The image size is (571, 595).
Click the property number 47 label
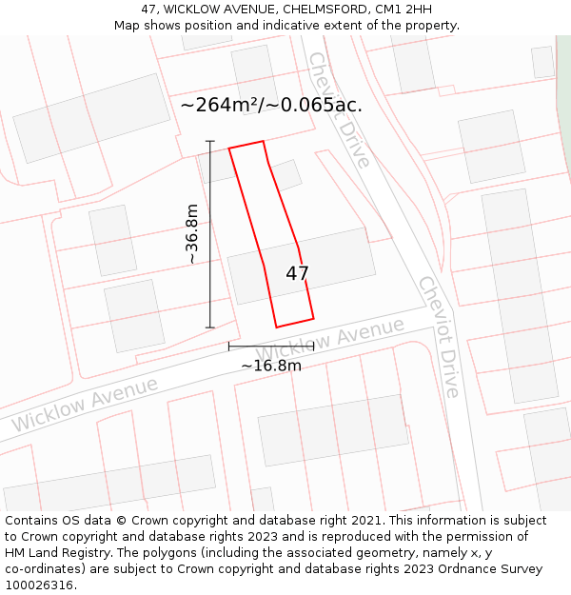click(297, 274)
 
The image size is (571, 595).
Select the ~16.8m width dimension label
click(271, 366)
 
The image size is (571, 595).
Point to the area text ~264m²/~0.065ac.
click(271, 105)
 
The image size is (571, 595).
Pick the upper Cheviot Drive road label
click(338, 109)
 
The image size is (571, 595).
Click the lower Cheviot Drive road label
click(439, 337)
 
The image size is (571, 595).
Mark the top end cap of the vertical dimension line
click(210, 142)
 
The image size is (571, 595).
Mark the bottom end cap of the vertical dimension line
click(210, 327)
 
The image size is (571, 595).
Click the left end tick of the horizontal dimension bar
click(229, 347)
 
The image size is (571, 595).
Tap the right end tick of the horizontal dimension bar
click(313, 347)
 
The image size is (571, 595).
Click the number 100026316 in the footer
click(39, 585)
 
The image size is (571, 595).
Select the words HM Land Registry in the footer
click(50, 553)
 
